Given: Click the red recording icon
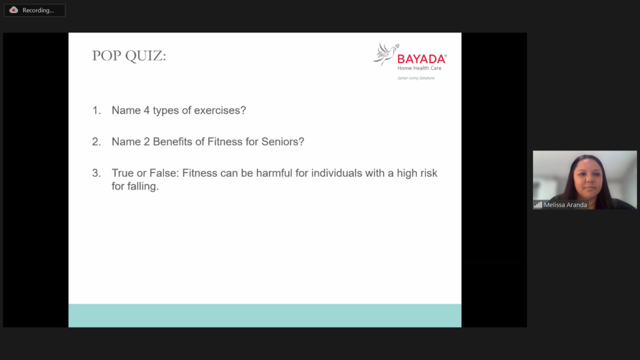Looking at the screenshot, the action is pos(14,10).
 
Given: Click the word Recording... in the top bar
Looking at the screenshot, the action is pos(38,10).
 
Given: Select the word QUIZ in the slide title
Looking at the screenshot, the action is pos(146,56).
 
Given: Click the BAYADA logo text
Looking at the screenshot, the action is pos(422,59).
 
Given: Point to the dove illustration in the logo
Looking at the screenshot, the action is pos(386,54).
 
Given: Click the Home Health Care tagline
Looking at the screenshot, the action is pos(419,68).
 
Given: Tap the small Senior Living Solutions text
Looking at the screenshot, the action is pos(416,78).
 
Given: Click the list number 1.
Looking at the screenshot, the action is pos(96,110).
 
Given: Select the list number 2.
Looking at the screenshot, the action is pos(96,142).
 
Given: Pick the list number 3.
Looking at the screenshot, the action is pos(96,173).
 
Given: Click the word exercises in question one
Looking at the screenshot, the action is pos(220,110).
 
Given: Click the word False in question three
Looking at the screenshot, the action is pos(164,173).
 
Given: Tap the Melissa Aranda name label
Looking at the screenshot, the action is pos(565,205).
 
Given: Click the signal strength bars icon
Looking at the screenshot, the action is pos(538,205).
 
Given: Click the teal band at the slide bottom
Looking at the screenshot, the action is pos(265,316).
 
